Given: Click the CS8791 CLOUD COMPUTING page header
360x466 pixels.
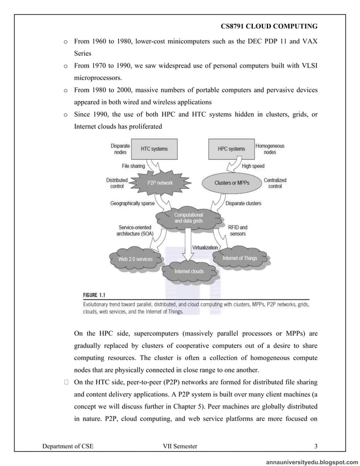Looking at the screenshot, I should click(x=269, y=27).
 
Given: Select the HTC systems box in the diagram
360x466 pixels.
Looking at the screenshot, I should click(x=154, y=149).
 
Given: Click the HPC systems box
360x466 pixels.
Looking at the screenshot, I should click(x=231, y=149).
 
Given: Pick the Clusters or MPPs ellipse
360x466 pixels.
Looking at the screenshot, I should click(x=232, y=183).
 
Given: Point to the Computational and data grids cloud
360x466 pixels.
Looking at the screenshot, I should click(x=188, y=218).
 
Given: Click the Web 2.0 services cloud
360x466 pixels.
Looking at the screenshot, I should click(x=135, y=258).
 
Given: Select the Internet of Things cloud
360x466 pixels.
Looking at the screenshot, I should click(x=240, y=258).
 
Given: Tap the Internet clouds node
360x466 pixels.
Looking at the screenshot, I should click(x=189, y=271).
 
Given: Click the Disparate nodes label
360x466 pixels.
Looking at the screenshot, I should click(x=120, y=148).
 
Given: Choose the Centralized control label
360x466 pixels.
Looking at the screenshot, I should click(x=275, y=183).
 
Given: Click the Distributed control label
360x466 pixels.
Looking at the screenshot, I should click(x=117, y=183).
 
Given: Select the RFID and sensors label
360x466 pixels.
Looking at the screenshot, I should click(x=238, y=230).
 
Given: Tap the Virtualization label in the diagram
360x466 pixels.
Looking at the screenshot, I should click(x=205, y=247).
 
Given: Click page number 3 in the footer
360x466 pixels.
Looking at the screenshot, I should click(x=316, y=446).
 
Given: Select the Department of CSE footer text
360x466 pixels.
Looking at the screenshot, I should click(x=68, y=446).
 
